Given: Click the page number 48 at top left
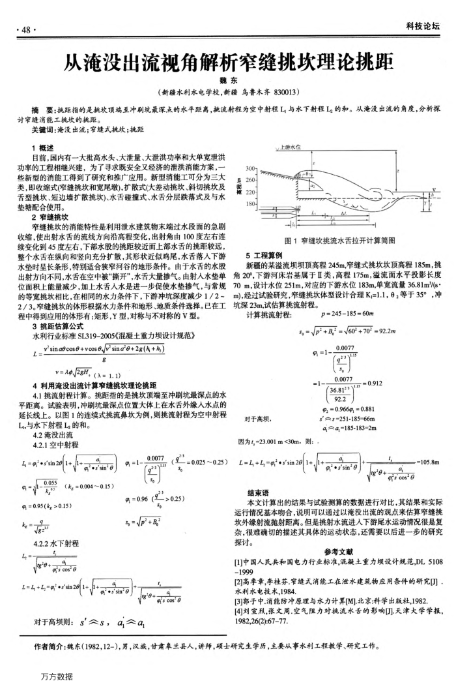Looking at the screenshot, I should click(27, 30).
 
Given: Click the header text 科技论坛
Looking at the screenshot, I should click(423, 27).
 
